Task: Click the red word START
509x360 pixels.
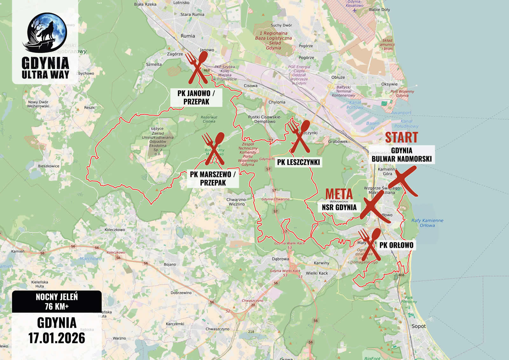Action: [401, 137]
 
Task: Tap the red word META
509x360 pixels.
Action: [339, 194]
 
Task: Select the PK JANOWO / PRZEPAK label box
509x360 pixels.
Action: [196, 98]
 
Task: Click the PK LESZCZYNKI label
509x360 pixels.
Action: [298, 162]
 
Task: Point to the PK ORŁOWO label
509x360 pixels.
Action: [396, 245]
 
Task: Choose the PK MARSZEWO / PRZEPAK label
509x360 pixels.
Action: [213, 178]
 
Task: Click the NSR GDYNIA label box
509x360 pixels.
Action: [339, 207]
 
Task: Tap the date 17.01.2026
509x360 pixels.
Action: [57, 338]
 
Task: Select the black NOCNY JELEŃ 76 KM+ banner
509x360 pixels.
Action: [57, 301]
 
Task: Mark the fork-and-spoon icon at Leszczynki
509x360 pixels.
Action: [299, 136]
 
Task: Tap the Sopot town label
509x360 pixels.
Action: [418, 326]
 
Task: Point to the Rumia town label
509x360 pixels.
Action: [188, 36]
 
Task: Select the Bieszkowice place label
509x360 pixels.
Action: [48, 166]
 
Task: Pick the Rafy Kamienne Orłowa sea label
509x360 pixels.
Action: [427, 223]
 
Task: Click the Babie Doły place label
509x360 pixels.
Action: [379, 10]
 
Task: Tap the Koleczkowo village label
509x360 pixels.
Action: [115, 230]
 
